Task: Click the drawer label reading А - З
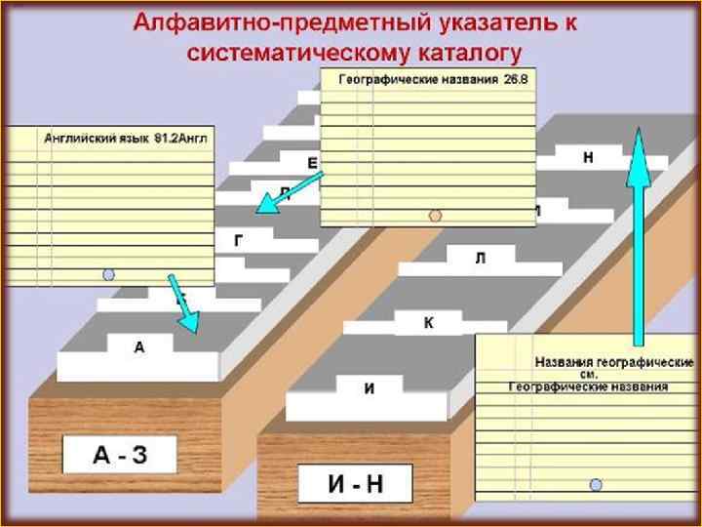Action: (119, 455)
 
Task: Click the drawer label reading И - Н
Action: (355, 483)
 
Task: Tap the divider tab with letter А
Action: (139, 347)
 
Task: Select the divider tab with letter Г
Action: (238, 239)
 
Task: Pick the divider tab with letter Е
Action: (311, 162)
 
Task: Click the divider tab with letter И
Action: (369, 388)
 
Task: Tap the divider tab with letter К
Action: (428, 322)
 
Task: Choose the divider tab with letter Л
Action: (480, 259)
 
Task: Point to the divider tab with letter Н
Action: (588, 157)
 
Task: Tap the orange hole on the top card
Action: (436, 215)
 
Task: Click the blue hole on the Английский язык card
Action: (109, 275)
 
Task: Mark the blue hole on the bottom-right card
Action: (596, 484)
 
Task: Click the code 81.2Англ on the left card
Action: (181, 139)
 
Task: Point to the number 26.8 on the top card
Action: (515, 80)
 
